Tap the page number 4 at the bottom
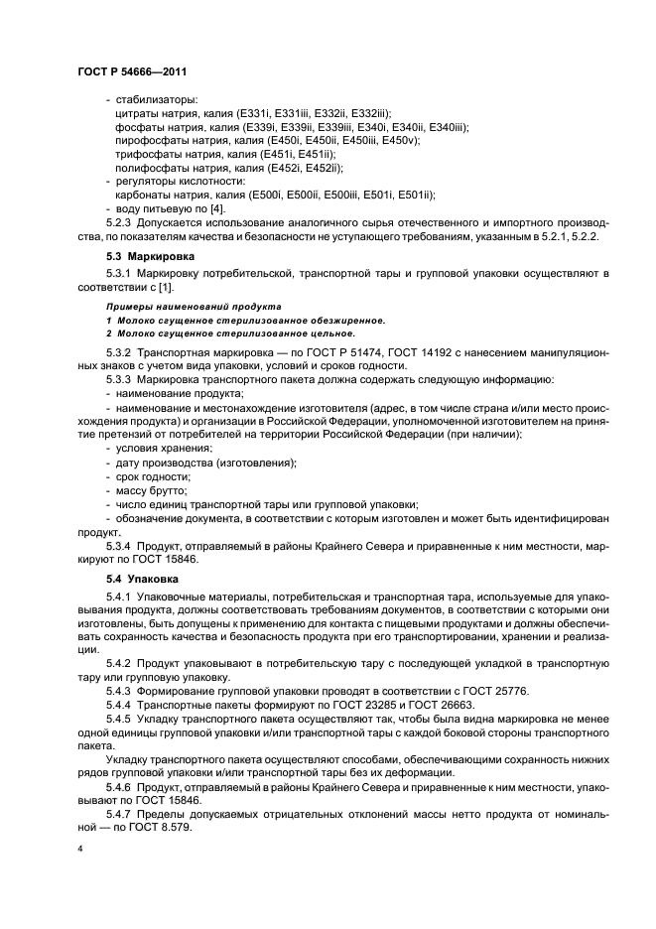[79, 851]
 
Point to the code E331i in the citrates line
[256, 114]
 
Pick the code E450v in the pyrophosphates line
[400, 142]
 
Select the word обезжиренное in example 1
[336, 321]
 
